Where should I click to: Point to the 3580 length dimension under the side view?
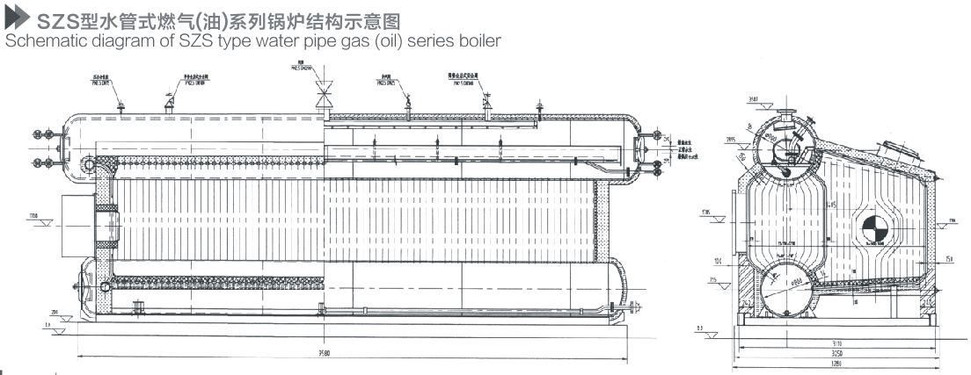coord(352,353)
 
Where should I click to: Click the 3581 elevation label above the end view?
coord(752,100)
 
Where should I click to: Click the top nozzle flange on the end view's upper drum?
coord(786,109)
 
